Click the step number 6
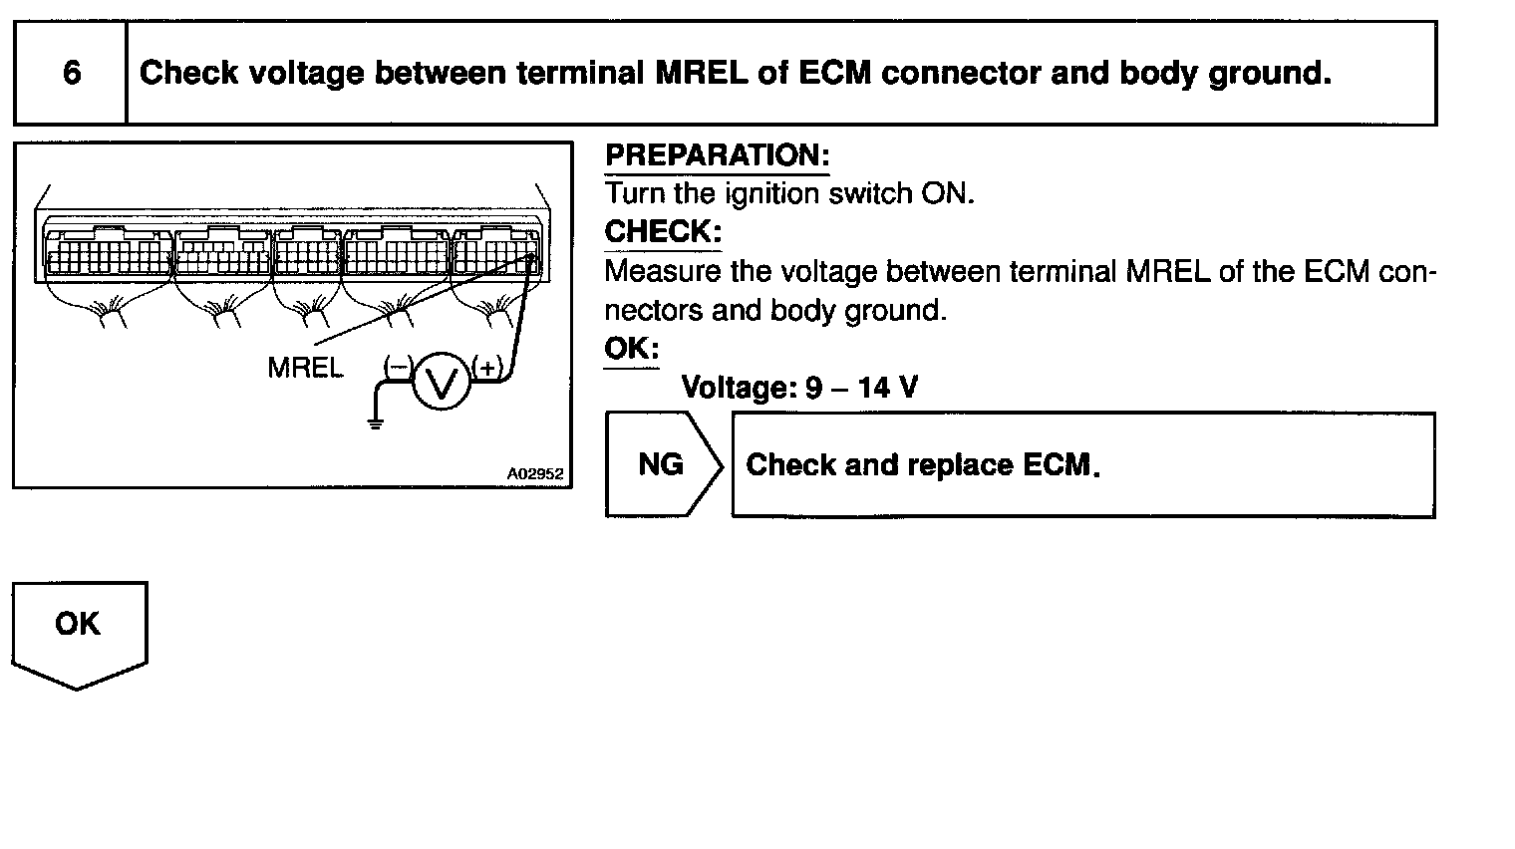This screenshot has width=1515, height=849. click(71, 73)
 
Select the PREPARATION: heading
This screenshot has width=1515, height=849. click(717, 155)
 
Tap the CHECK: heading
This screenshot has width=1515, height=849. click(662, 232)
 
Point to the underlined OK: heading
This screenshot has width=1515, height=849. click(631, 349)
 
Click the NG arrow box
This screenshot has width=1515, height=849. click(662, 464)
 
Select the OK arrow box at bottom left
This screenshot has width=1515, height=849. click(78, 628)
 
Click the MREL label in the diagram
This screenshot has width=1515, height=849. click(305, 368)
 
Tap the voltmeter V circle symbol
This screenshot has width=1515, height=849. click(441, 382)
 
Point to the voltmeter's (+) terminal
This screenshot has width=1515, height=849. click(487, 368)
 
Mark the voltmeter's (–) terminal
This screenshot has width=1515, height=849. click(397, 368)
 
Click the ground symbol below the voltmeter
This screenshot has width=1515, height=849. click(375, 423)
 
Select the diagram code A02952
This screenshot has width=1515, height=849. click(534, 474)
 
